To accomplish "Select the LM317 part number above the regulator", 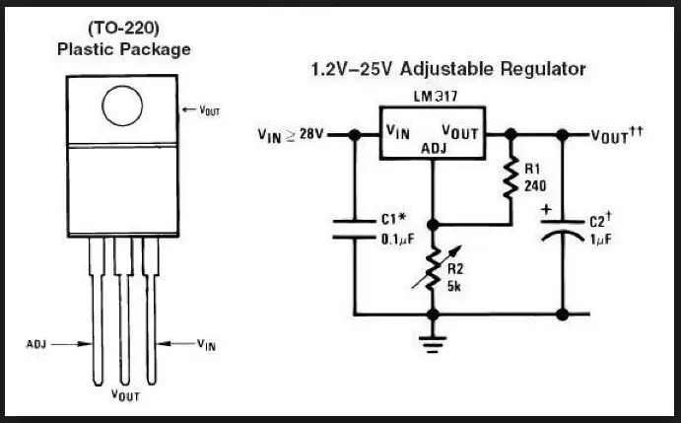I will pyautogui.click(x=435, y=96).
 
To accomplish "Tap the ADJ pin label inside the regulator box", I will pyautogui.click(x=434, y=149).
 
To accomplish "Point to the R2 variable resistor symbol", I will pyautogui.click(x=434, y=267).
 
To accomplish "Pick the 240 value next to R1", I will pyautogui.click(x=536, y=185).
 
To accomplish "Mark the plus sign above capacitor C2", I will pyautogui.click(x=545, y=209).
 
